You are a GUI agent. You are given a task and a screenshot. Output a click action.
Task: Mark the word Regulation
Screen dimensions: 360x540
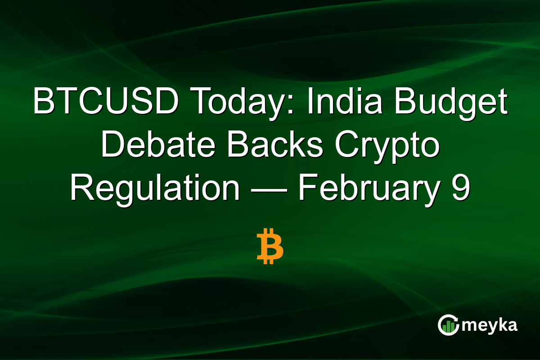pyautogui.click(x=154, y=189)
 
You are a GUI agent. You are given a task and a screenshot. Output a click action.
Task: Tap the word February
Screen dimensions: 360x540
pyautogui.click(x=368, y=189)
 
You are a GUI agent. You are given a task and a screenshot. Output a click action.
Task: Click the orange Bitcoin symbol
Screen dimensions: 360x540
pyautogui.click(x=270, y=247)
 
